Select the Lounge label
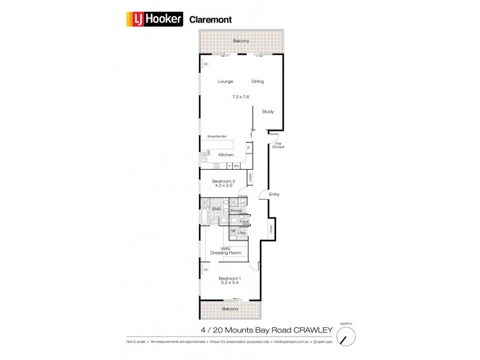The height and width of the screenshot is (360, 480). (224, 82)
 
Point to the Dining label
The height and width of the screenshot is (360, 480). (257, 82)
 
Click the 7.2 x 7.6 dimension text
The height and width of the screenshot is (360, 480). (240, 96)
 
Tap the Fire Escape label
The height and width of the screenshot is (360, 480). (278, 145)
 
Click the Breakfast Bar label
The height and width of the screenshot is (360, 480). (217, 136)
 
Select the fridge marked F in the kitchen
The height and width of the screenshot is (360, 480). (248, 147)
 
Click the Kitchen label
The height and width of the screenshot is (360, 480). (226, 155)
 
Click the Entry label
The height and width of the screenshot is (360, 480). (274, 194)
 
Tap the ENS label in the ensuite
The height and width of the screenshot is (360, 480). (216, 209)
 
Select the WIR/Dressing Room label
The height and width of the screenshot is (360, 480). (231, 251)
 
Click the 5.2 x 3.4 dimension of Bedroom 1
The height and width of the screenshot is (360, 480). (230, 282)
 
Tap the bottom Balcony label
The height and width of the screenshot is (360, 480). (230, 309)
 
